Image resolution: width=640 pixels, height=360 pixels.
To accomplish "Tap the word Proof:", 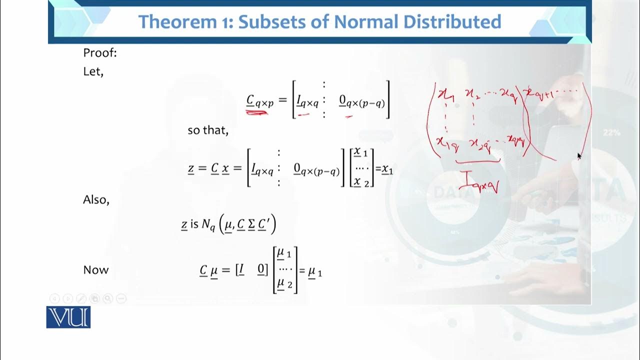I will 100,53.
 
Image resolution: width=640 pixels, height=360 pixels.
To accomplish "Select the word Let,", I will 93,71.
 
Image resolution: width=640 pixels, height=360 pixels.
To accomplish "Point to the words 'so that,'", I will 208,130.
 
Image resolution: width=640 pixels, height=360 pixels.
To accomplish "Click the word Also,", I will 96,199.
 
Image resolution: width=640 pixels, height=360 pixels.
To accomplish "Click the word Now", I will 95,270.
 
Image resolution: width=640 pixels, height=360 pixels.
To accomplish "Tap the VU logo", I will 68,317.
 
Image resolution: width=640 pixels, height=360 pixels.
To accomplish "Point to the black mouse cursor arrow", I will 579,156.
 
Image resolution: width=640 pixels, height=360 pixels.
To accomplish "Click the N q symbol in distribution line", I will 208,225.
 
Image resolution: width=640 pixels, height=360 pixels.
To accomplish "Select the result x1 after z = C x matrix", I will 387,170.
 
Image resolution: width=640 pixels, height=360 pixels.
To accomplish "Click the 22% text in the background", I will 612,132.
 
